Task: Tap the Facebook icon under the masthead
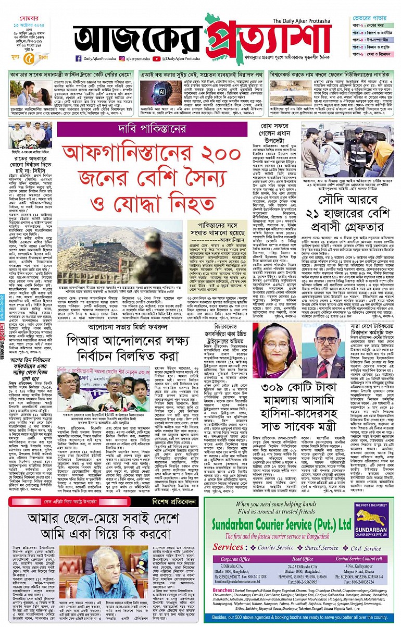78,59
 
